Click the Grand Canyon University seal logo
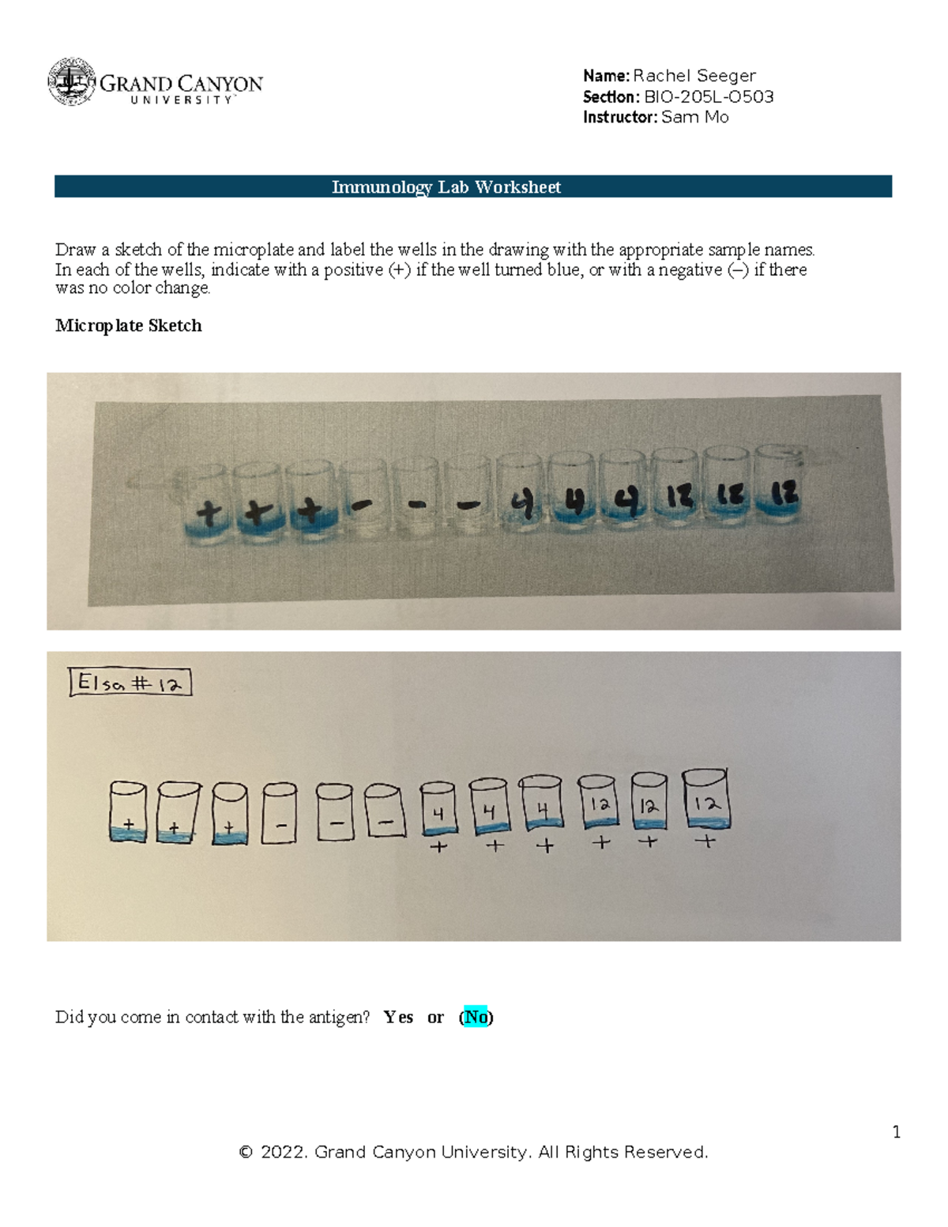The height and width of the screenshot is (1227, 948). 72,81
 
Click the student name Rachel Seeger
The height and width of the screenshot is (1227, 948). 694,76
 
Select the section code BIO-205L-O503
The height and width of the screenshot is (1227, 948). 709,96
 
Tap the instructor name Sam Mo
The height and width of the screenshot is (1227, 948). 694,117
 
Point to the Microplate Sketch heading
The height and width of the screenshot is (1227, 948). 128,326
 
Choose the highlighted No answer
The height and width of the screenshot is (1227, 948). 476,1017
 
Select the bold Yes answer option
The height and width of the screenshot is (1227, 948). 398,1017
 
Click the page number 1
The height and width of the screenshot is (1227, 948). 896,1131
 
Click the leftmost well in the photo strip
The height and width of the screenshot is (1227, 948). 206,506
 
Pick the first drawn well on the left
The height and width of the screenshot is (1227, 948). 128,812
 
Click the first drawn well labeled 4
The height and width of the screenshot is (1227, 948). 438,808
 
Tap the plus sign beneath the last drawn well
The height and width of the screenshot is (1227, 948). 706,842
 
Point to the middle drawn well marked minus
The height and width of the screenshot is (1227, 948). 334,814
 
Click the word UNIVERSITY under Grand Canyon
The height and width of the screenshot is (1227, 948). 182,100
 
